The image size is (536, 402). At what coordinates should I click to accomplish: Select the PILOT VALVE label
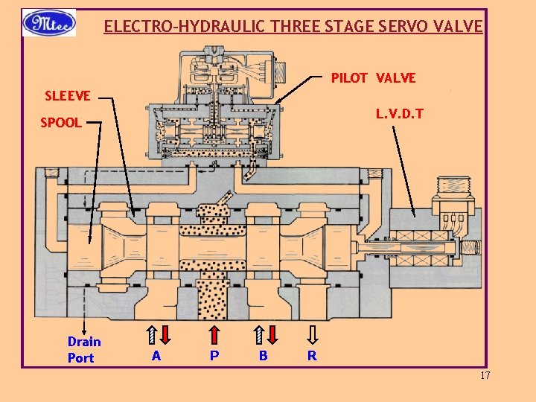pyautogui.click(x=373, y=78)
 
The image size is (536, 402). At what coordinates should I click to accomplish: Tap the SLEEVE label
pyautogui.click(x=67, y=96)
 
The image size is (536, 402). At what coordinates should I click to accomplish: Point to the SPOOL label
pyautogui.click(x=61, y=123)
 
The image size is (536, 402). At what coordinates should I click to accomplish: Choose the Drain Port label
pyautogui.click(x=84, y=350)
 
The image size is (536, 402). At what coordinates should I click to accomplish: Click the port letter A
pyautogui.click(x=156, y=356)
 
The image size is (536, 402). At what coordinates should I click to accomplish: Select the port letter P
pyautogui.click(x=214, y=356)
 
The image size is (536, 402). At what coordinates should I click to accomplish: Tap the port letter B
pyautogui.click(x=263, y=356)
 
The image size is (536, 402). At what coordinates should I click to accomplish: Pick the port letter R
pyautogui.click(x=312, y=356)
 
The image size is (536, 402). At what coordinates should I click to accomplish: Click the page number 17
pyautogui.click(x=485, y=375)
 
